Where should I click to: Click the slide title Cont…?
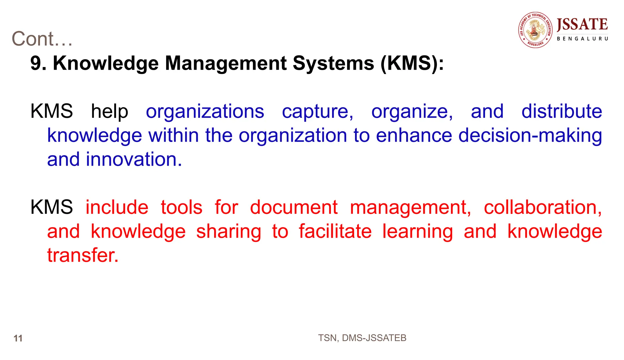[x=42, y=39]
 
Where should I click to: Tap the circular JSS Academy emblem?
[x=535, y=30]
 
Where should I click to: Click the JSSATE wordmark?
[x=582, y=25]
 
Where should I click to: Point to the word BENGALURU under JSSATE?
[x=582, y=39]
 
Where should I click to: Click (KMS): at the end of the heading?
[x=412, y=63]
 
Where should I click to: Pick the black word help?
[x=109, y=111]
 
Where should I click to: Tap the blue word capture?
[x=317, y=111]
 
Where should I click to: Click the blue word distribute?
[x=562, y=111]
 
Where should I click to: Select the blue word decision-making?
[x=530, y=135]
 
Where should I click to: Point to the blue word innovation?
[x=134, y=159]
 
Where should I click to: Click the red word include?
[x=117, y=207]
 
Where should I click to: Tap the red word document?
[x=294, y=207]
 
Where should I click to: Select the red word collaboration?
[x=543, y=207]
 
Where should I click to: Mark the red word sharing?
[x=229, y=231]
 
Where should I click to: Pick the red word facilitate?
[x=335, y=231]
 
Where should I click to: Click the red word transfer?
[x=83, y=255]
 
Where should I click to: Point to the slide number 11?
[x=18, y=338]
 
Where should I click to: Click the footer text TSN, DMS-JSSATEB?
[x=362, y=338]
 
